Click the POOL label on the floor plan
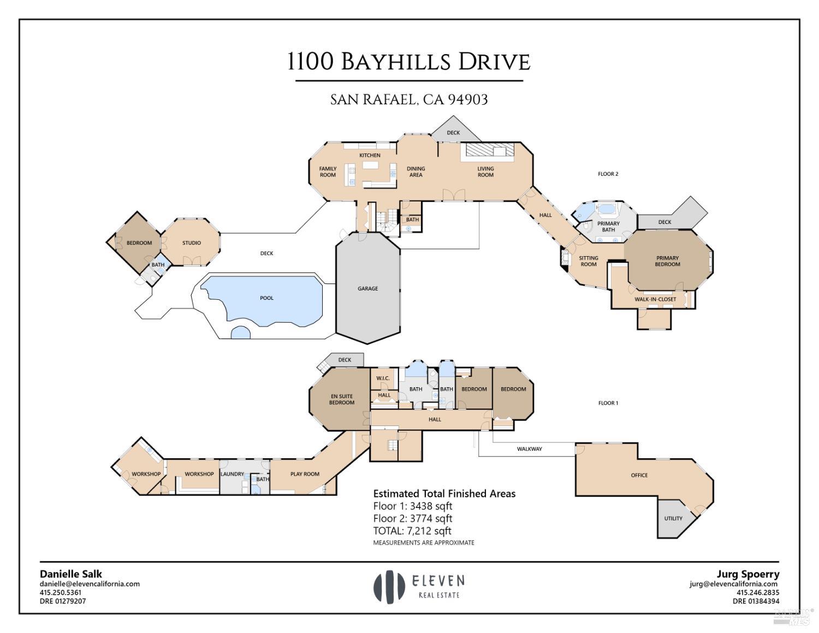266,298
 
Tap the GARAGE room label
367,288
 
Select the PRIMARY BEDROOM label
667,261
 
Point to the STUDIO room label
192,243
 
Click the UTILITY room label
673,518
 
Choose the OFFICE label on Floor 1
639,475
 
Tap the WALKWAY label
529,449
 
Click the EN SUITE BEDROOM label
342,399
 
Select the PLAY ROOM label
305,474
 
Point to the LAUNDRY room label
232,474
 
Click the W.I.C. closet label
383,378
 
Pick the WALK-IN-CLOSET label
655,299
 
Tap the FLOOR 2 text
608,174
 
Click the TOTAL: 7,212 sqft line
412,531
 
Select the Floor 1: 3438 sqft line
413,506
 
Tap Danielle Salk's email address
90,584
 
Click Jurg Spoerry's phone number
758,593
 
